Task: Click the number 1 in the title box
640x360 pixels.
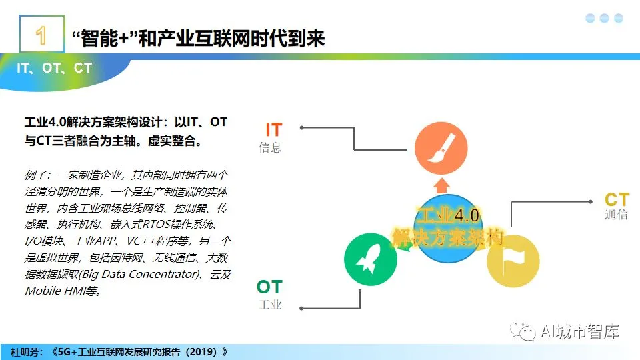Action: tap(41, 35)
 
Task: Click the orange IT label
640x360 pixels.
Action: tap(274, 130)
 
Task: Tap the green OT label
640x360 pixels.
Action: tap(269, 287)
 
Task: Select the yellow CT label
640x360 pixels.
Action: tap(617, 199)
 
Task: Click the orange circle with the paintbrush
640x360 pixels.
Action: tap(441, 148)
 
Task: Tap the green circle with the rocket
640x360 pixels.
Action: tap(371, 259)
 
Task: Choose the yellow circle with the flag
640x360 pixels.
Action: tap(513, 261)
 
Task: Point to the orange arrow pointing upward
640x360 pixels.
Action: tap(441, 186)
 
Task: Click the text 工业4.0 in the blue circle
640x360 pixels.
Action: tap(448, 215)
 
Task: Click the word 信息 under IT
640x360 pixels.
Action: tap(270, 147)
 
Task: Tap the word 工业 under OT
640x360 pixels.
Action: tap(270, 305)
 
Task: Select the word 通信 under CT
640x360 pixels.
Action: tap(616, 214)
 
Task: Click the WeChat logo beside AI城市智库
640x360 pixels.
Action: tap(523, 331)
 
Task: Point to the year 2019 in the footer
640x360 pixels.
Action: tap(203, 352)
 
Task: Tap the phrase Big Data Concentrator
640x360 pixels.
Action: tap(140, 274)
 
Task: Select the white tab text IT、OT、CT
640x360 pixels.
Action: tap(54, 68)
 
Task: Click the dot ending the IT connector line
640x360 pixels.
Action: tap(301, 128)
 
